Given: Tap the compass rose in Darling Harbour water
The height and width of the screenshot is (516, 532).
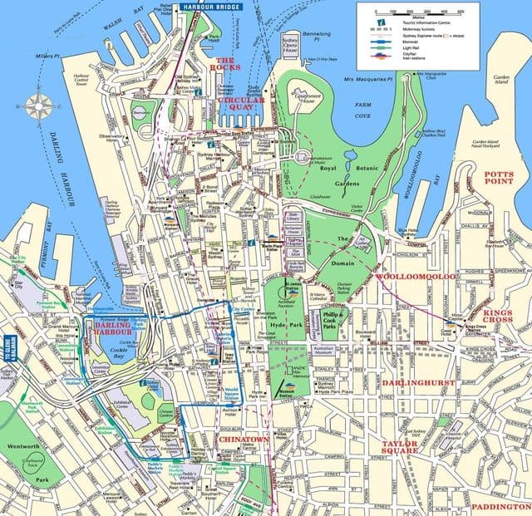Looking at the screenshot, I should pyautogui.click(x=37, y=106).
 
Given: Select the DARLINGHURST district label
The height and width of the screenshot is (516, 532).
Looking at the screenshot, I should pyautogui.click(x=418, y=383).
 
